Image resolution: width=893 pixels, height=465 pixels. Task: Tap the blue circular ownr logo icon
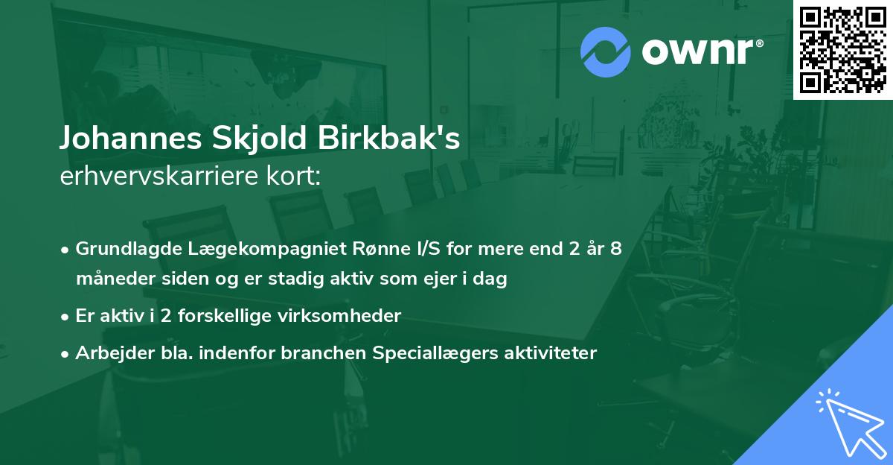[x=605, y=51]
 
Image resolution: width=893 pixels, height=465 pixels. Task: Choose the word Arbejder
[x=110, y=353]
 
